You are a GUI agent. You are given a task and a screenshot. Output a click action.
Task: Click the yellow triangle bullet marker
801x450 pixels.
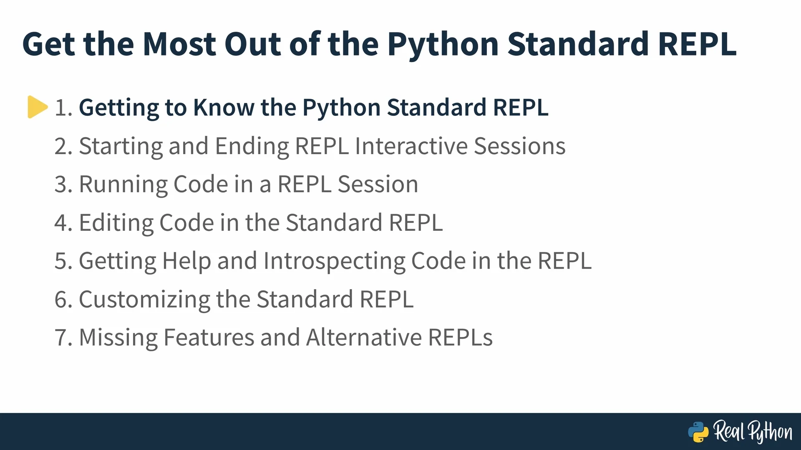[38, 107]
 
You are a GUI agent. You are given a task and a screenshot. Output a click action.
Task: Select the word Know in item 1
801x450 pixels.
[224, 107]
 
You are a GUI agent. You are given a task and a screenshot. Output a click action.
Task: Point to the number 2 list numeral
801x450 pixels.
[64, 146]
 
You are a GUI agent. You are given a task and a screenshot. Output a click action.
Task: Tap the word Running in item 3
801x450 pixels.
[123, 185]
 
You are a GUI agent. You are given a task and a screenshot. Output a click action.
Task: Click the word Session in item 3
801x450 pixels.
[378, 185]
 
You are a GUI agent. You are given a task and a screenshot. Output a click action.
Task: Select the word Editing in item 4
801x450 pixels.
[116, 223]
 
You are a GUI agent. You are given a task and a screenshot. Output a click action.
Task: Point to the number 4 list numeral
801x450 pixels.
[64, 223]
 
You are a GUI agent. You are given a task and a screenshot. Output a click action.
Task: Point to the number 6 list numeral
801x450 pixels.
[64, 300]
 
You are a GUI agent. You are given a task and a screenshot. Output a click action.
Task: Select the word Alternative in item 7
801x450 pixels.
[364, 337]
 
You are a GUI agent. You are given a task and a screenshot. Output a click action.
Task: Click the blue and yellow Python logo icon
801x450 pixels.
[698, 432]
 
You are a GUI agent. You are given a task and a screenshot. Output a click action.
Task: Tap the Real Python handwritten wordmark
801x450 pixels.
[753, 432]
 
